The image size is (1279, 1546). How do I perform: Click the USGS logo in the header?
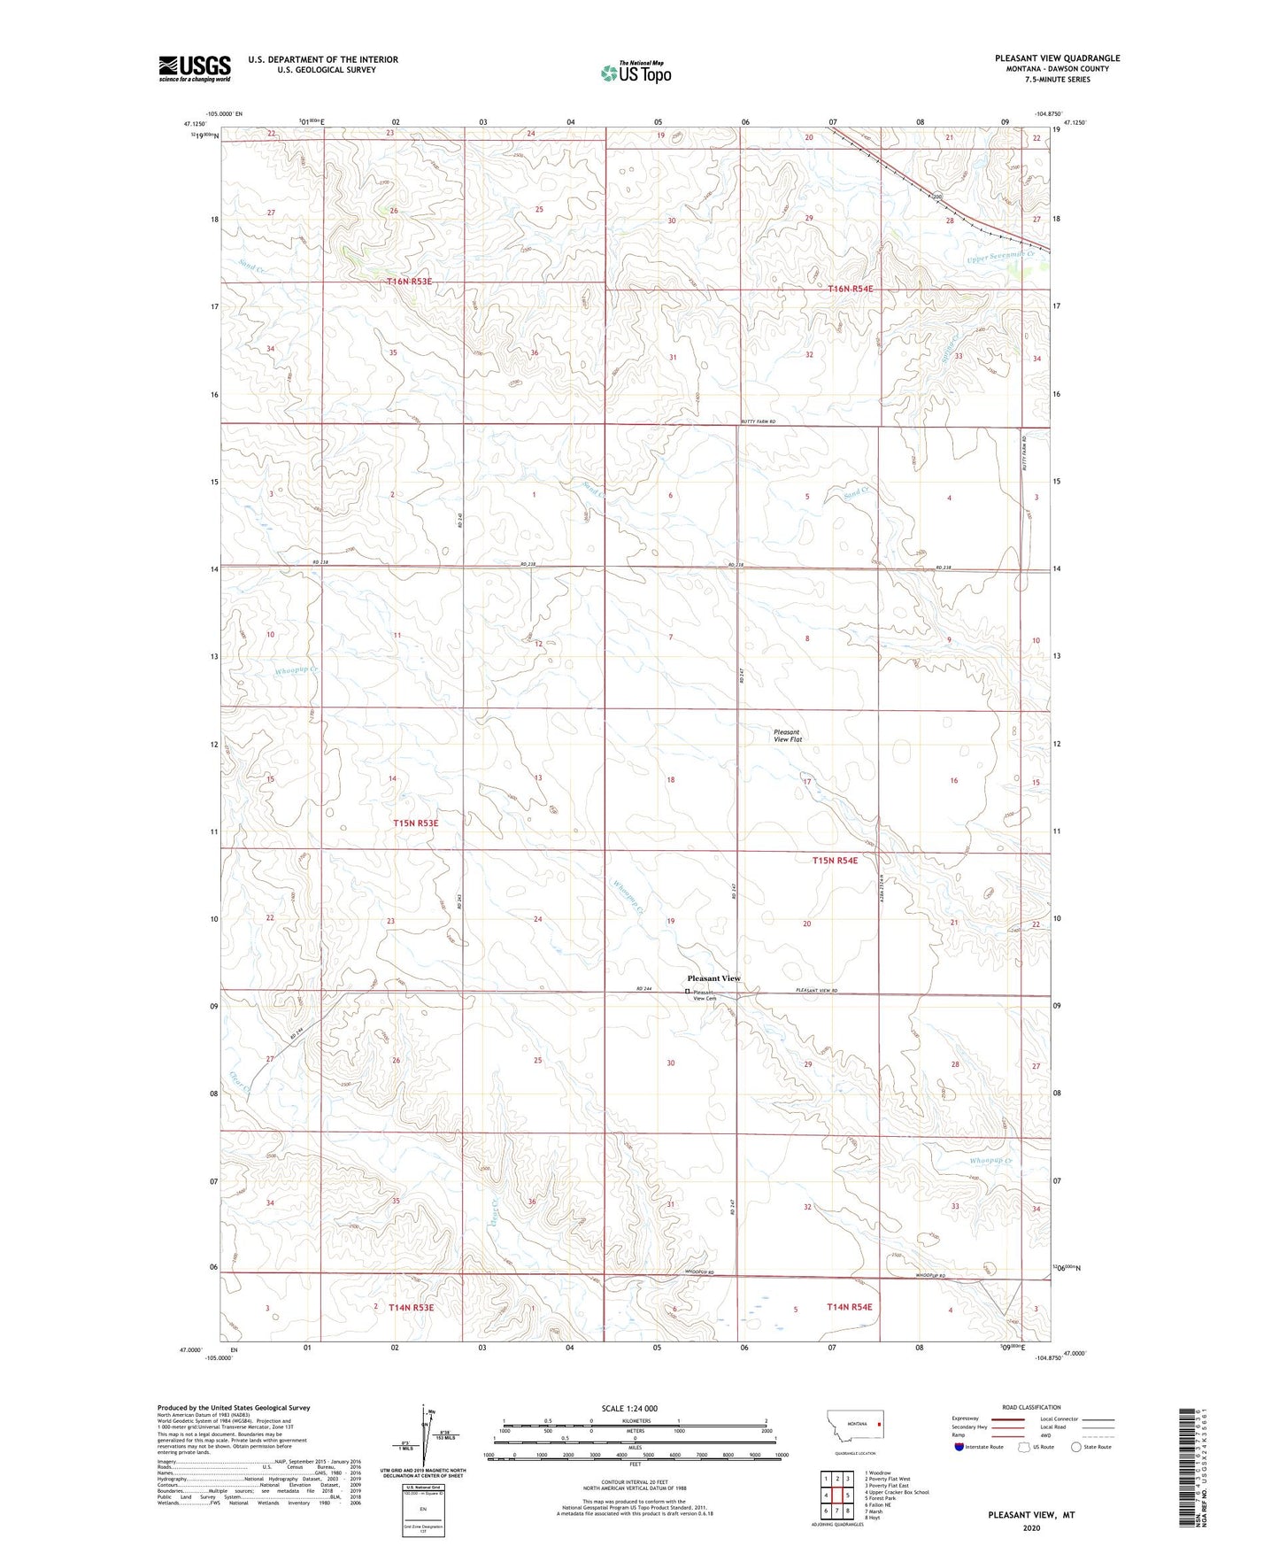[195, 68]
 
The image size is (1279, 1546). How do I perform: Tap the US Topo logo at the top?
[635, 73]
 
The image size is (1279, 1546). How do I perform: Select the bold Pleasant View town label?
[713, 978]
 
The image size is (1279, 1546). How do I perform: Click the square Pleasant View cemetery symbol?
[688, 992]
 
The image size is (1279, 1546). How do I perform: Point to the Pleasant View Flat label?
[787, 736]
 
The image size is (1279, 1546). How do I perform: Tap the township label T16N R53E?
[409, 281]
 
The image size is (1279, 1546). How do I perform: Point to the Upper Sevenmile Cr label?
[1000, 257]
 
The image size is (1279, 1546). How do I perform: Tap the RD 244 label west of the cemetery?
[643, 989]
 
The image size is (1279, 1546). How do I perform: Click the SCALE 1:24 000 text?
[629, 1408]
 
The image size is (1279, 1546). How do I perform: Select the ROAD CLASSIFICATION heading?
[1032, 1407]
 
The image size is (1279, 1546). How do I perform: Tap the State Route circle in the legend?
[1076, 1447]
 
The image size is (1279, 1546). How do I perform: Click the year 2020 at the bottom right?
[1031, 1527]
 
